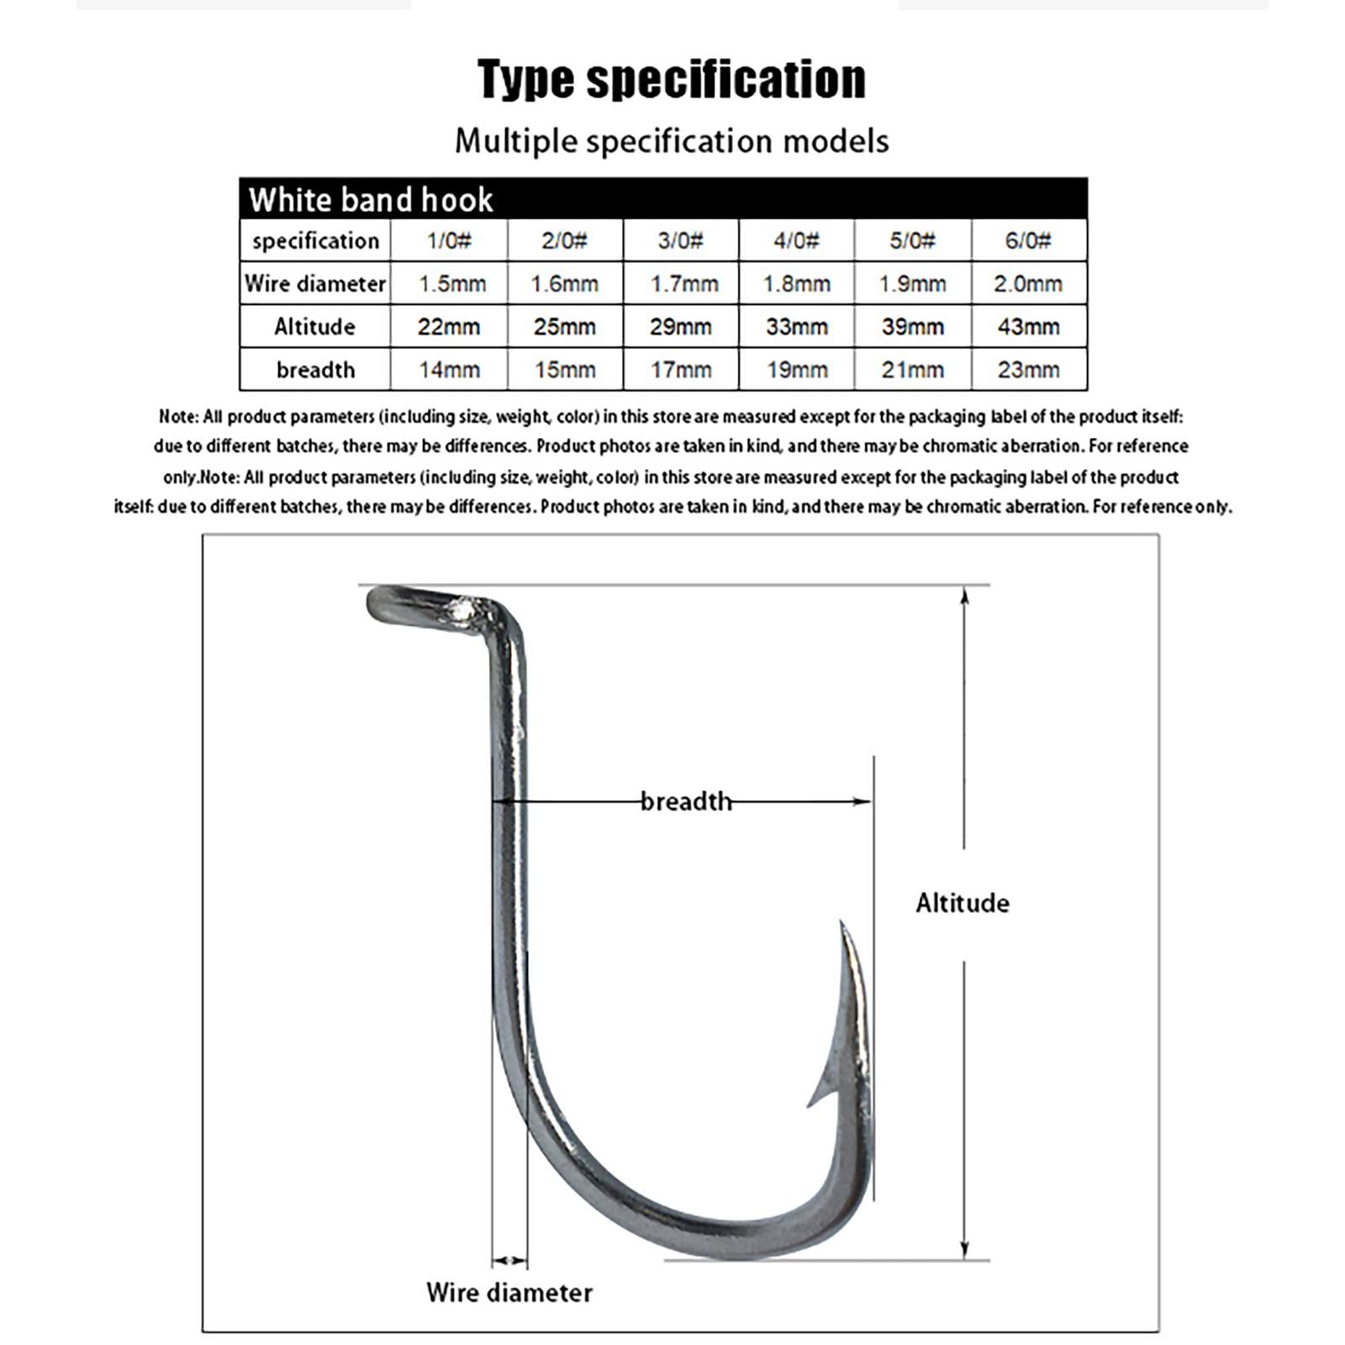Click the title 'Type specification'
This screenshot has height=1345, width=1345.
point(672,80)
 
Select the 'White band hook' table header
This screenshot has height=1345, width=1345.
point(371,199)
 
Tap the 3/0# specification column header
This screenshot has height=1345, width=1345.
point(680,240)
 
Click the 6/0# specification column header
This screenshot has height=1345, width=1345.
point(1028,240)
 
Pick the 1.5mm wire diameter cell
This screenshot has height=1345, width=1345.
point(452,283)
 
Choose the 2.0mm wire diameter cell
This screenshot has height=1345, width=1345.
point(1028,283)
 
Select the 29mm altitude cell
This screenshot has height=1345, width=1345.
point(680,326)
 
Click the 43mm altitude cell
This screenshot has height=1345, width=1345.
point(1028,326)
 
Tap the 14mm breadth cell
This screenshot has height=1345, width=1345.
point(449,370)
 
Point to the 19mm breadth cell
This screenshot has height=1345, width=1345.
point(796,370)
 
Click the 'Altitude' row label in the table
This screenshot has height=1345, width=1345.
point(314,326)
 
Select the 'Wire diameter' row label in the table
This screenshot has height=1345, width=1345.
point(314,283)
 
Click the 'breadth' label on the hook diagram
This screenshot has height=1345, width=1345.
point(686,801)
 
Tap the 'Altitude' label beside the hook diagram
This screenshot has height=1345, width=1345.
point(963,903)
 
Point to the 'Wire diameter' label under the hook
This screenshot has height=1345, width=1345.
point(509,1292)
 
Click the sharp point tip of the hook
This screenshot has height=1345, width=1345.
point(841,925)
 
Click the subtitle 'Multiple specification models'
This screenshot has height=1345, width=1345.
point(672,140)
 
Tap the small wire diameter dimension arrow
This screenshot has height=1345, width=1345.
point(509,1260)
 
